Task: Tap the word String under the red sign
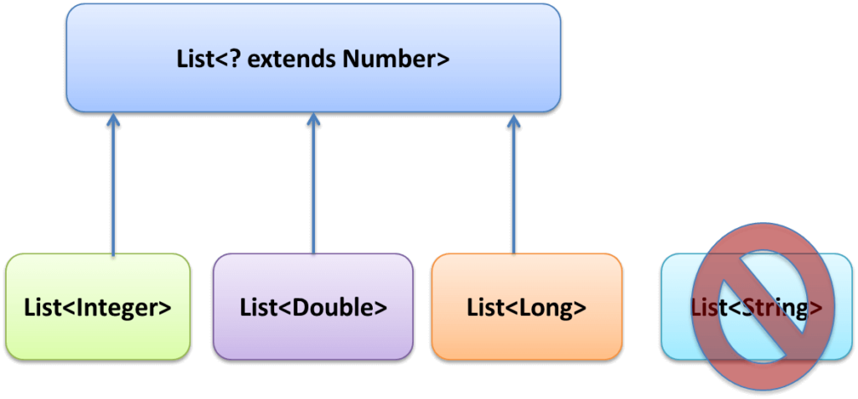point(776,307)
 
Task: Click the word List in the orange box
point(483,307)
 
